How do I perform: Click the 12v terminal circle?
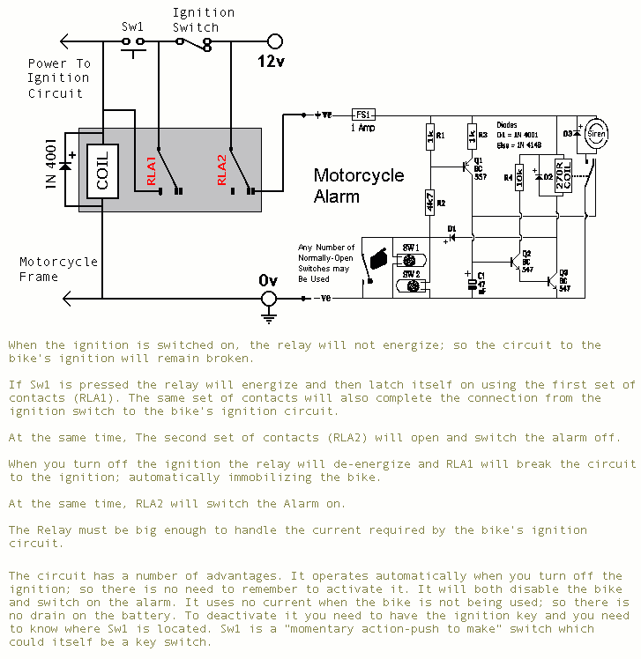pos(274,41)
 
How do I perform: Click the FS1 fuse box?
pos(363,115)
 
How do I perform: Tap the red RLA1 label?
pos(151,169)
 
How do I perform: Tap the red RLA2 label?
pos(222,169)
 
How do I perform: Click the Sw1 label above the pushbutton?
pos(132,26)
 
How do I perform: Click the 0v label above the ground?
pos(268,279)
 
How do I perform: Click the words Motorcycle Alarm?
pos(358,185)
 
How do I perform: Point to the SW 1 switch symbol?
pos(410,260)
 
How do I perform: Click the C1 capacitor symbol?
pos(471,278)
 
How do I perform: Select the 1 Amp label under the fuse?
pos(363,128)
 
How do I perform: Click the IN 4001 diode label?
pos(50,164)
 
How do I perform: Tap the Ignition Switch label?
pos(203,19)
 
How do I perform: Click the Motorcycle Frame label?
pos(58,269)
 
